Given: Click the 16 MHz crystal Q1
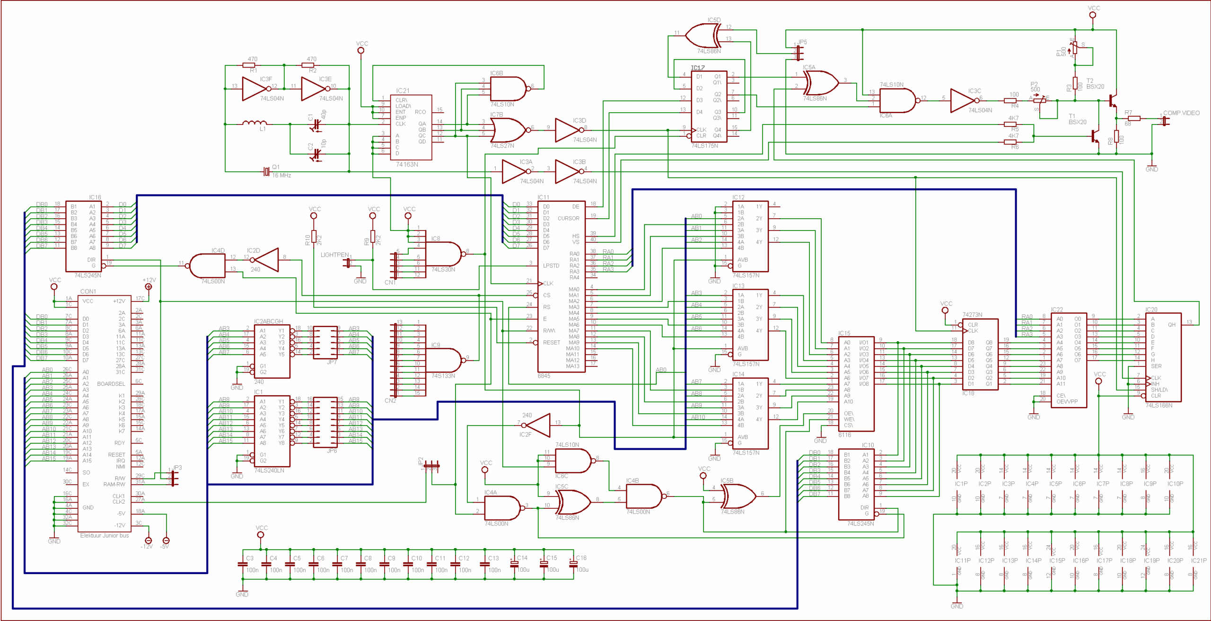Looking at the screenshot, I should click(266, 171).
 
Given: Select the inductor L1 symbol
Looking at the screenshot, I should click(254, 124).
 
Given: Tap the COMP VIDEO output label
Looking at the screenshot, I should click(1181, 113).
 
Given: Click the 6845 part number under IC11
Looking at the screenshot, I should click(544, 376).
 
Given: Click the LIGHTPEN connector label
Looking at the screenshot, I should click(334, 255).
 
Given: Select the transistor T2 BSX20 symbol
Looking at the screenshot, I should click(1113, 100).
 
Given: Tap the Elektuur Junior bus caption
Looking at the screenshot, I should click(104, 535).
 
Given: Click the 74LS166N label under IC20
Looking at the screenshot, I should click(1158, 405).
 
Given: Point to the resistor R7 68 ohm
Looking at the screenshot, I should click(1134, 118).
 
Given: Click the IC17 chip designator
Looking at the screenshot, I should click(697, 68).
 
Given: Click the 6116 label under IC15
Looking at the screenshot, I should click(844, 435).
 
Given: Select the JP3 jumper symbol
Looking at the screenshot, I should click(174, 478).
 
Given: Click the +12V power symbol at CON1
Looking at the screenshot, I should click(149, 286).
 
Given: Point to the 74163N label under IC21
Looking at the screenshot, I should click(407, 164).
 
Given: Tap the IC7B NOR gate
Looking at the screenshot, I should click(507, 130).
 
